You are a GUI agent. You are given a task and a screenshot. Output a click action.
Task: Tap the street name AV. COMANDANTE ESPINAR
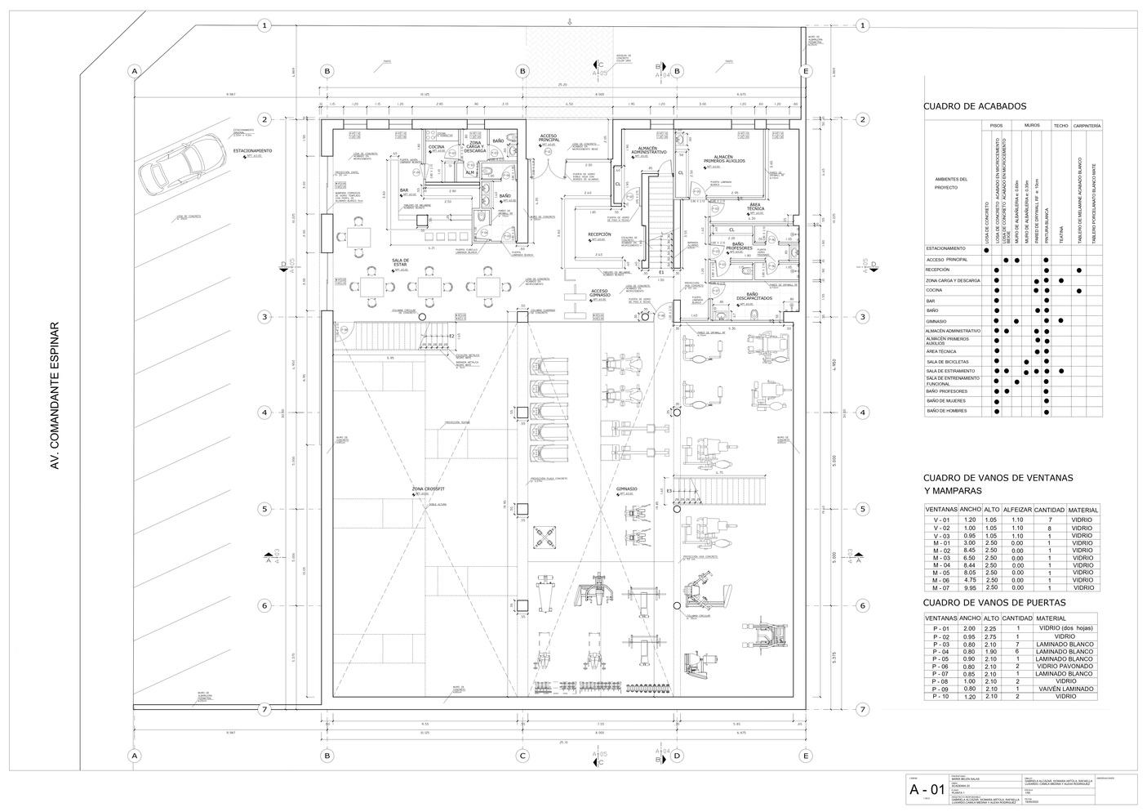point(56,395)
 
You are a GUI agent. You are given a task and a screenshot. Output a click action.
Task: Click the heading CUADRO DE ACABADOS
point(975,106)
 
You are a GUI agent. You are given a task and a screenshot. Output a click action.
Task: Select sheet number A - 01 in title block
point(928,790)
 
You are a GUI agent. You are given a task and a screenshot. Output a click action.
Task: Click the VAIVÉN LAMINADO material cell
point(1065,689)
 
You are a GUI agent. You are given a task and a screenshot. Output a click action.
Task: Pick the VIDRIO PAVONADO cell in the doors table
point(1065,666)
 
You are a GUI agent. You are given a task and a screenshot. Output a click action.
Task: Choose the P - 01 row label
point(941,628)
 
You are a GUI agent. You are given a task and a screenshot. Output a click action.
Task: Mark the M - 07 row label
point(941,587)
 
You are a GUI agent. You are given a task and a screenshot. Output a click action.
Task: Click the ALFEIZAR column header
point(1017,510)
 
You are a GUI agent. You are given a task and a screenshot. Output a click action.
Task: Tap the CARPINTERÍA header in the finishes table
point(1087,126)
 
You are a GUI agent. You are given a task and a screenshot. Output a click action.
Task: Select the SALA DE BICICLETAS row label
point(948,361)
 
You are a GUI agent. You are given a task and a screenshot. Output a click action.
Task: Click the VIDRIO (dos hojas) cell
point(1065,628)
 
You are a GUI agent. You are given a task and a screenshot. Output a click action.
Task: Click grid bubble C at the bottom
point(522,756)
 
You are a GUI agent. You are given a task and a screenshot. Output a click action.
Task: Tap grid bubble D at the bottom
point(677,756)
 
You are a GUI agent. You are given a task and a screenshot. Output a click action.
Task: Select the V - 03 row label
point(941,535)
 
